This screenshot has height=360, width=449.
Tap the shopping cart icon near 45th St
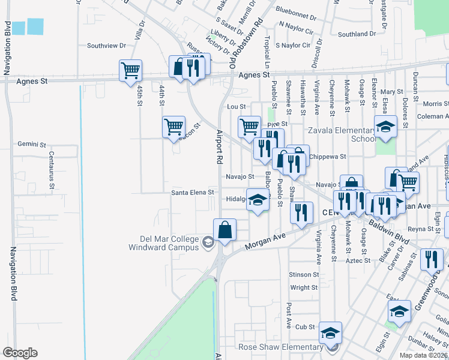tap(130, 70)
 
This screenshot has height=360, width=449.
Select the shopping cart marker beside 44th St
tap(173, 127)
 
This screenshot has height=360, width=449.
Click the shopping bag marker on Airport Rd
tap(224, 230)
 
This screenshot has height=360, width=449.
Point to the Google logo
tap(20, 352)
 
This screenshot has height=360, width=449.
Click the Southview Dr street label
tap(106, 45)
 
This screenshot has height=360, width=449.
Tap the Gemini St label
tap(32, 145)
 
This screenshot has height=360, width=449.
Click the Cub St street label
tap(305, 327)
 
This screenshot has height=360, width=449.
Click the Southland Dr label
tap(357, 34)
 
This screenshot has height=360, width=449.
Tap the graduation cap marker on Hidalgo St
tap(258, 201)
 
